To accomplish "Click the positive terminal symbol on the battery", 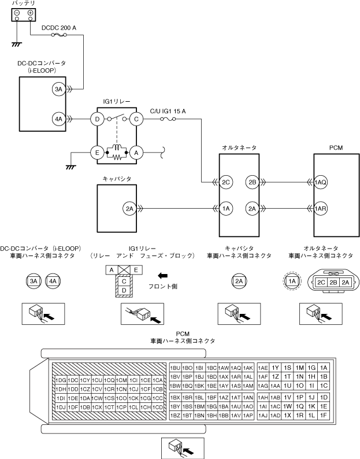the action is point(30,13).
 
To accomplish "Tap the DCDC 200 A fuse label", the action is point(59,28).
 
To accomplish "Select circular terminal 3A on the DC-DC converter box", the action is point(58,89).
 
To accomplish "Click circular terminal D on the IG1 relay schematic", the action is point(97,119).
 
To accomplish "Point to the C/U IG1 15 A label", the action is point(168,111).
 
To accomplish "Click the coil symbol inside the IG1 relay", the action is point(117,148).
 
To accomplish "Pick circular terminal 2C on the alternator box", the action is point(226,182).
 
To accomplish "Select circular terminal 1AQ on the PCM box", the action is point(320,182).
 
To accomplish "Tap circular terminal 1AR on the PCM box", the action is point(320,209).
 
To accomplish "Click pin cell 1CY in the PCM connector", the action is point(85,380).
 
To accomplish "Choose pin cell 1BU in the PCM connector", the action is point(175,368).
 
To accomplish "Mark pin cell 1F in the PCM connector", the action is point(324,415).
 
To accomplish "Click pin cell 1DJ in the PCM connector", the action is point(61,407).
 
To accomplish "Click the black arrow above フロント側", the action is point(163,276).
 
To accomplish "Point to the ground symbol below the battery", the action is point(17,45).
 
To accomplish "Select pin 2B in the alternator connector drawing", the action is point(333,282).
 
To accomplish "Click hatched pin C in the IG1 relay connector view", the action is point(124,282).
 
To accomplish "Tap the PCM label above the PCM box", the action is point(336,148).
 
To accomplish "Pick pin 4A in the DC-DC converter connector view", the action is point(53,282).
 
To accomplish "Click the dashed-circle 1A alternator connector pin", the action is point(292,282).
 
